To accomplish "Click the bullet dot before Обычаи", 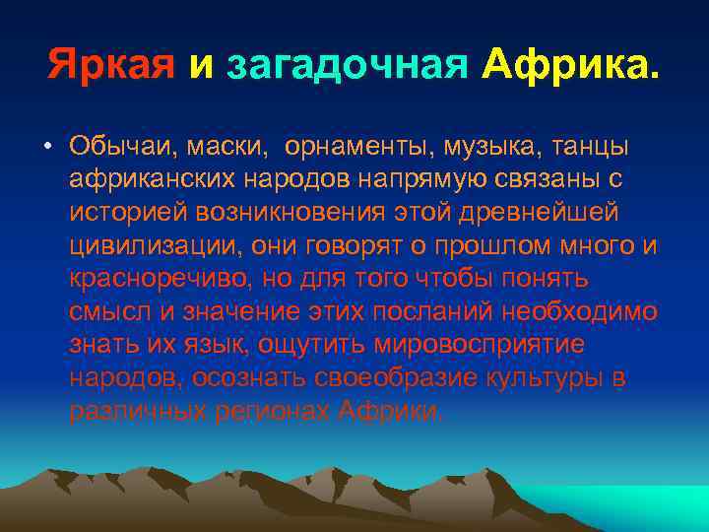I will point(46,147).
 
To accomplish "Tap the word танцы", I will point(587,146).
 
